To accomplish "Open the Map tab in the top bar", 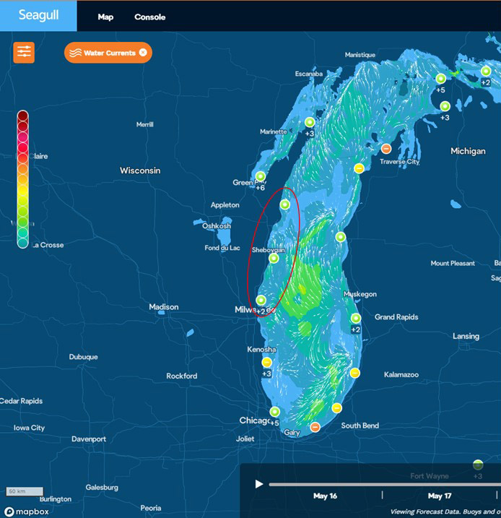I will pyautogui.click(x=105, y=17).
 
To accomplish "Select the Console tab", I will pyautogui.click(x=149, y=17).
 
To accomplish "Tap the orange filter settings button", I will pyautogui.click(x=24, y=52).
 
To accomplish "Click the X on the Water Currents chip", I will pyautogui.click(x=143, y=52).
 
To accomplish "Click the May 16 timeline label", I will pyautogui.click(x=325, y=496).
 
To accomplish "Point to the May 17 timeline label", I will pyautogui.click(x=440, y=496).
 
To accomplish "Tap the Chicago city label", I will pyautogui.click(x=255, y=420).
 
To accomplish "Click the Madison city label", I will pyautogui.click(x=163, y=307).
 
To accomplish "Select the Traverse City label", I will pyautogui.click(x=399, y=162).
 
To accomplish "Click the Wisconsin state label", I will pyautogui.click(x=140, y=170).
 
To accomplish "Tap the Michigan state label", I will pyautogui.click(x=468, y=151).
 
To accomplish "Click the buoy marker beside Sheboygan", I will pyautogui.click(x=274, y=258).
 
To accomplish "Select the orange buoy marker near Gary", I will pyautogui.click(x=315, y=427).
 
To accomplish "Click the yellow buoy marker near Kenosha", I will pyautogui.click(x=266, y=362).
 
